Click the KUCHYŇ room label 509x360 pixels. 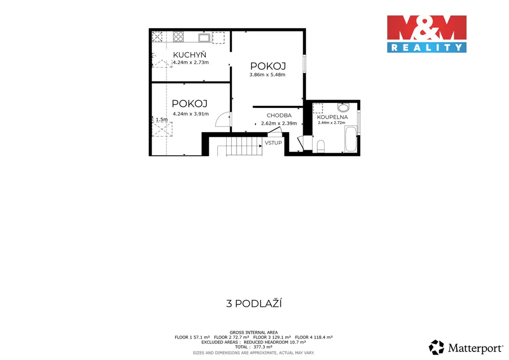pos(189,55)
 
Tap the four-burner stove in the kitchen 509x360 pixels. pos(178,37)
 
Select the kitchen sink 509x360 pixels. pos(205,38)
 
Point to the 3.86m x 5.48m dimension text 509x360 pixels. pos(267,75)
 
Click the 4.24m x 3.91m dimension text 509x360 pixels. pos(191,114)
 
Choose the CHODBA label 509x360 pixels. pos(279,115)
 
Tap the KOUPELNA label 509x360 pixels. pos(333,117)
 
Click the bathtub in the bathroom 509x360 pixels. pos(350,139)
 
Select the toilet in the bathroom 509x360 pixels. pos(321,146)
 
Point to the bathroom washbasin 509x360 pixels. pos(343,107)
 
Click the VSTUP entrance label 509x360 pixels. pos(273,143)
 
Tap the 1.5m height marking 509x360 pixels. pos(162,119)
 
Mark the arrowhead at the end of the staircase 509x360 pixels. pos(260,146)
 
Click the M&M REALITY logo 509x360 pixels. pos(426,34)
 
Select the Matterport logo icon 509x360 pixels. pos(436,348)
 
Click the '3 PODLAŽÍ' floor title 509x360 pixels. pos(254,304)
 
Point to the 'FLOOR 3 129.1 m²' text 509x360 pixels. pos(272,337)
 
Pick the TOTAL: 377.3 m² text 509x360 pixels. pos(254,347)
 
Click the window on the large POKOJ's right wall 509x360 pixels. pos(305,64)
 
